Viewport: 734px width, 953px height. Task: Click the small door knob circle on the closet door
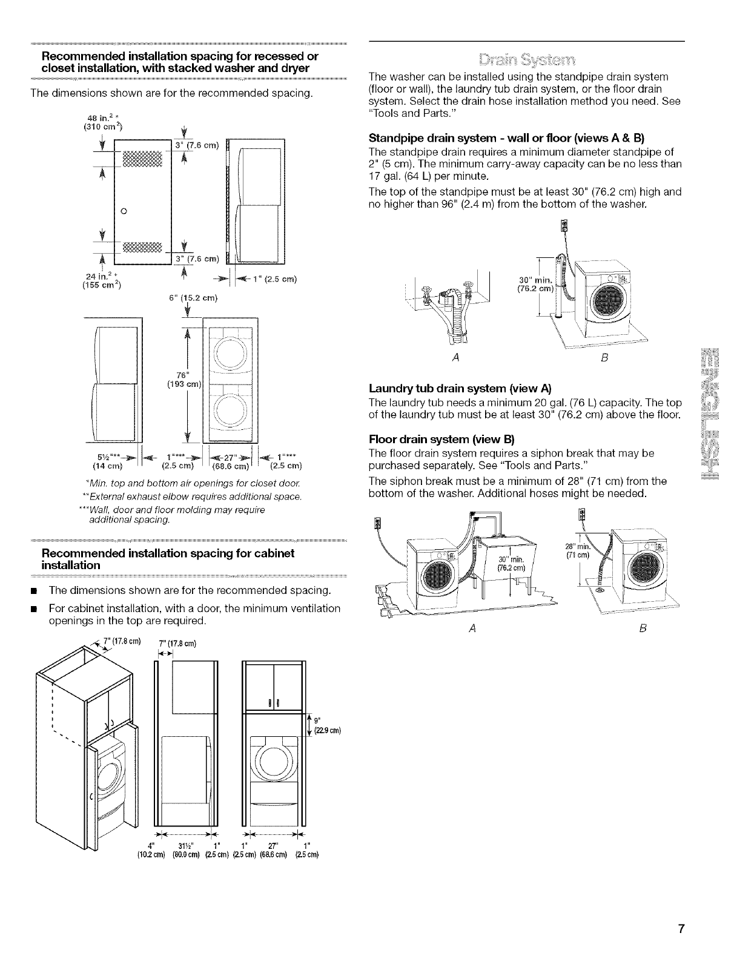(124, 211)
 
